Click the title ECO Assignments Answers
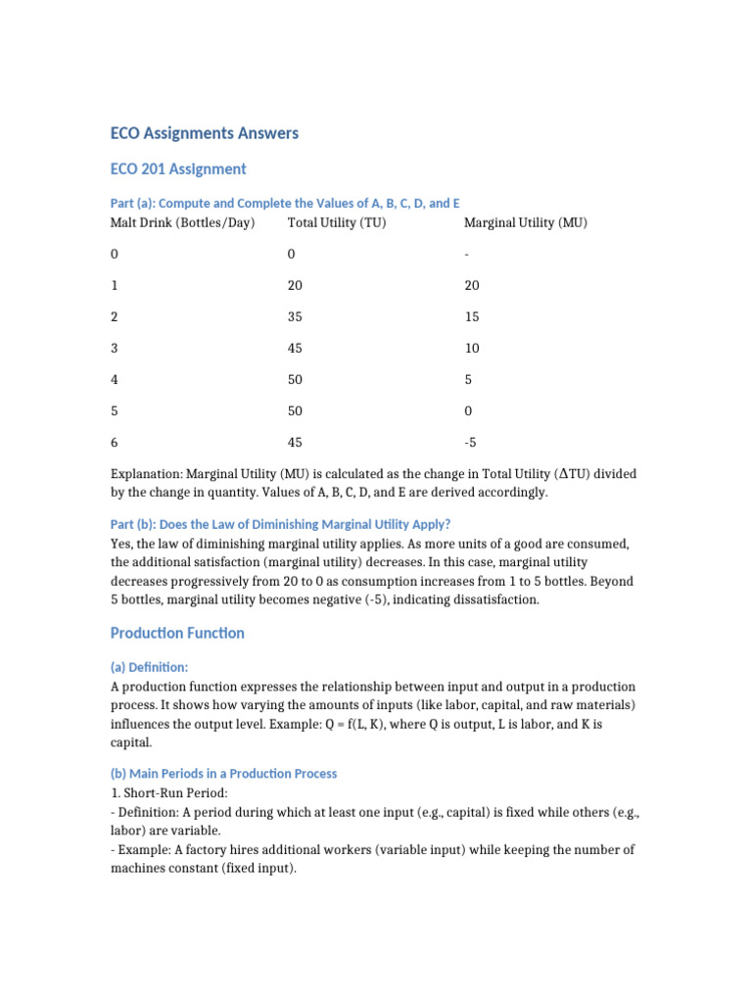click(x=204, y=133)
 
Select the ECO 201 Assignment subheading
click(x=178, y=169)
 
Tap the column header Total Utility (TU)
click(x=336, y=222)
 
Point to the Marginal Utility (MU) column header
click(x=525, y=222)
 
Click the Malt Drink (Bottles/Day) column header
click(x=182, y=222)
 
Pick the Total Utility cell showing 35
click(x=296, y=316)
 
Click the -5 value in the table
click(x=472, y=442)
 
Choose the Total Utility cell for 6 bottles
click(x=296, y=442)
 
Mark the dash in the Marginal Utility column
click(x=467, y=254)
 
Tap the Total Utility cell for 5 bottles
click(x=296, y=410)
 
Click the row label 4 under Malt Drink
click(x=115, y=379)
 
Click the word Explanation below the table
click(x=146, y=474)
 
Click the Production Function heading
click(x=177, y=634)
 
